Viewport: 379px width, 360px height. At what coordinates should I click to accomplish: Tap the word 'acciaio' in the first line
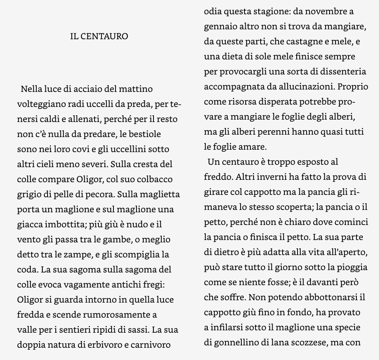tap(81, 89)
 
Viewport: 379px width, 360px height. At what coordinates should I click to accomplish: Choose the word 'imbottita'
tap(64, 225)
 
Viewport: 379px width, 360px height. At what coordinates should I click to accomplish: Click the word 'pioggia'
tap(351, 267)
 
